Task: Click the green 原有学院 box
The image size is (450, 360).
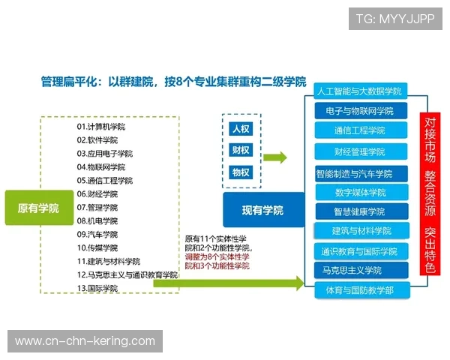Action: point(38,208)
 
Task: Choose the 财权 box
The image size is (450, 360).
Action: point(241,150)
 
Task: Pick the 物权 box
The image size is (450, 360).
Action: point(241,172)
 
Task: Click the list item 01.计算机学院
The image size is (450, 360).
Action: point(100,127)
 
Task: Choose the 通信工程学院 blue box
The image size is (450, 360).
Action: point(360,130)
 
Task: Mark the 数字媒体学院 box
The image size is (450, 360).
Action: point(360,191)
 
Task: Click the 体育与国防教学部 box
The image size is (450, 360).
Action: point(360,289)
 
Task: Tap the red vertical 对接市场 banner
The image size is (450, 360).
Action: point(429,195)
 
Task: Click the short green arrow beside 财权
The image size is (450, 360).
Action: point(275,157)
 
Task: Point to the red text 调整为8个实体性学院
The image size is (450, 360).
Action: point(217,261)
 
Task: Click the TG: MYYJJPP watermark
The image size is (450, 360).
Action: point(395,18)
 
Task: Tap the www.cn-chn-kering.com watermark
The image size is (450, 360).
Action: point(85,341)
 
